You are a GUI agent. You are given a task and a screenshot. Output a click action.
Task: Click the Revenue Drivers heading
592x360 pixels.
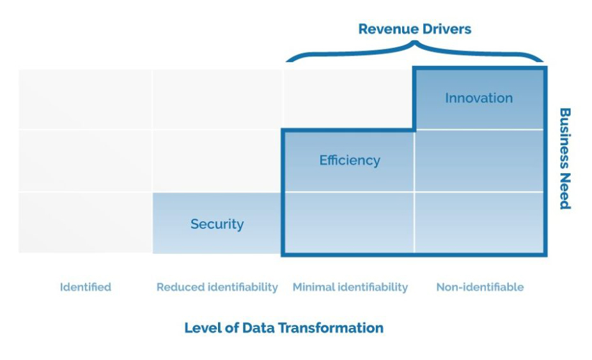(x=414, y=29)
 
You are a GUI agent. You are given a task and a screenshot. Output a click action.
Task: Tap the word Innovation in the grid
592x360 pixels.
(x=479, y=98)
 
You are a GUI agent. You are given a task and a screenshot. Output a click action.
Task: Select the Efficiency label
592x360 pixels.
(x=350, y=160)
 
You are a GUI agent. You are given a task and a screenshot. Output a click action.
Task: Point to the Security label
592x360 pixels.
(x=217, y=224)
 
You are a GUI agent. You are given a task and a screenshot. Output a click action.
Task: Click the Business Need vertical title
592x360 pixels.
(x=565, y=159)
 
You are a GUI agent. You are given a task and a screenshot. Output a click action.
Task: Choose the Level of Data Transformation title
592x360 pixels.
(x=284, y=327)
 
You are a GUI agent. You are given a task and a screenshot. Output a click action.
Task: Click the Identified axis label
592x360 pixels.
(x=86, y=287)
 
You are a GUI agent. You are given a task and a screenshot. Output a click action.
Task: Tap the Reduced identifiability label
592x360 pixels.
(x=217, y=287)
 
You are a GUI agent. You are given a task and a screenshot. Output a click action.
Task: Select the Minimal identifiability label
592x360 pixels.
(x=350, y=287)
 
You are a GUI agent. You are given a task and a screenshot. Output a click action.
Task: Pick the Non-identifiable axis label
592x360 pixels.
(x=480, y=287)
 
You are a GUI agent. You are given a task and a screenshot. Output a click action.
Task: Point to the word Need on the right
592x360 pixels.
(x=565, y=191)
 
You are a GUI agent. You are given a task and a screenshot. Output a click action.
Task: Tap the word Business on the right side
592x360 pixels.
(x=565, y=138)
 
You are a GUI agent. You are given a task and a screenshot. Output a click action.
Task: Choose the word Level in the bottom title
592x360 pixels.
(x=203, y=327)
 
